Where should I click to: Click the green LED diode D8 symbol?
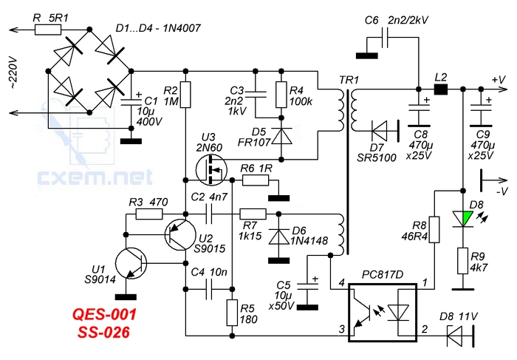463,219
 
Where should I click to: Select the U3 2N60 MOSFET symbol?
211,170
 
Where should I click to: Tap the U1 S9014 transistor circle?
131,263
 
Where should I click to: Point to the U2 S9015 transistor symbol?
180,234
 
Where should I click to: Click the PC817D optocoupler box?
383,312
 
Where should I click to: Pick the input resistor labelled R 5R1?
48,30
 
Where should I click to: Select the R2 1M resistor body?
185,95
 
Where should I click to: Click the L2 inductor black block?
441,89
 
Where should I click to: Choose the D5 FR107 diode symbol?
281,136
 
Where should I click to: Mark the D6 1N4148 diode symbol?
278,237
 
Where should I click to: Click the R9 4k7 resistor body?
463,261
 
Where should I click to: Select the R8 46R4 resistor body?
434,230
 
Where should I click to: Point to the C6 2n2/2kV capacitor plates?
385,37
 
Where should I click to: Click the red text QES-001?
104,314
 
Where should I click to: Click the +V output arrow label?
499,80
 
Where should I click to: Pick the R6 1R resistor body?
256,180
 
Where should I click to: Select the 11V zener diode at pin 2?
461,336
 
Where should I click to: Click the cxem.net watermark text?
95,177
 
